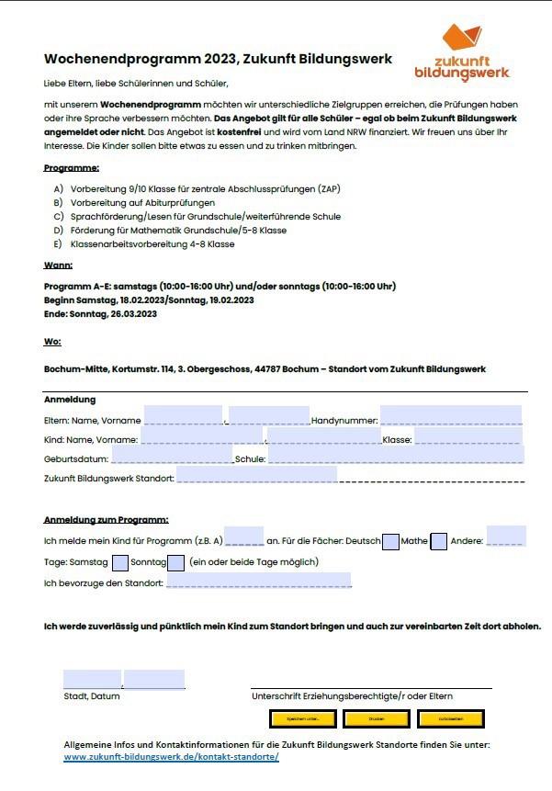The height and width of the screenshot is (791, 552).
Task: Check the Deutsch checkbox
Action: click(x=390, y=541)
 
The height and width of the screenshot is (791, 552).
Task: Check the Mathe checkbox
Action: click(x=438, y=541)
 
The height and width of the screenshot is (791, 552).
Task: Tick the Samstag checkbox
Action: click(x=119, y=562)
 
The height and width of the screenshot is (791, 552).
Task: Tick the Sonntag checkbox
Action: click(x=175, y=562)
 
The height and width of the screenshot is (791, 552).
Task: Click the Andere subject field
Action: click(x=506, y=537)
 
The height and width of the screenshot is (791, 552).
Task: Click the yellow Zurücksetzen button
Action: click(x=450, y=718)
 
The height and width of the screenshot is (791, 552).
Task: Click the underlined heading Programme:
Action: click(x=72, y=168)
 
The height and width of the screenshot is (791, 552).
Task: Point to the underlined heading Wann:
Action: click(x=58, y=265)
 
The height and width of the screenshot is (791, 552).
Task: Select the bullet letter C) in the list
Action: click(x=59, y=217)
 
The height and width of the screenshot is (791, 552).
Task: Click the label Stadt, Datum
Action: click(x=91, y=696)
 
